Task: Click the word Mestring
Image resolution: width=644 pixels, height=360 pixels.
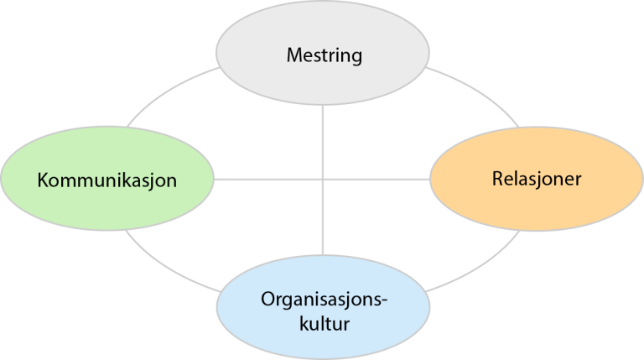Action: [x=324, y=57]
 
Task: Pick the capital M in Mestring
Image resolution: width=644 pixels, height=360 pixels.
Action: [x=293, y=57]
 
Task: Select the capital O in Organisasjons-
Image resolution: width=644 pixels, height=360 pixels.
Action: [x=266, y=299]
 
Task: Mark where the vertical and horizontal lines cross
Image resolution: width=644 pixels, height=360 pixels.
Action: [x=323, y=179]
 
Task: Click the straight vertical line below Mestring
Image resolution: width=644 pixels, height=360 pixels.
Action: [x=323, y=134]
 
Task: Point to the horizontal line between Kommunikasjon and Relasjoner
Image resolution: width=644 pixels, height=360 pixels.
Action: [x=268, y=179]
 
